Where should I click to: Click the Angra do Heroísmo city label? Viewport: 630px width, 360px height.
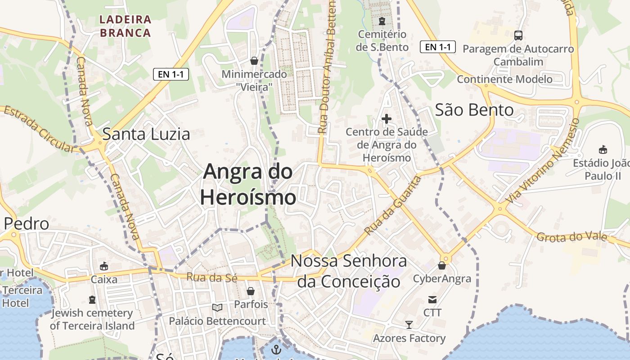click(x=248, y=184)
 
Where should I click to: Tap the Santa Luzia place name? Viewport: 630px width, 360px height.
click(x=146, y=134)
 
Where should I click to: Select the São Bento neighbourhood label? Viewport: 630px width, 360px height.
click(x=474, y=110)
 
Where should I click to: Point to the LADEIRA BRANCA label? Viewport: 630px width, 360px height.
click(x=125, y=26)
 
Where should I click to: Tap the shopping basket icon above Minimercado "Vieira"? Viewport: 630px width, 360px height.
click(x=254, y=60)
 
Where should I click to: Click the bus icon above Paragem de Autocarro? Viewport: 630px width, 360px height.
click(x=518, y=35)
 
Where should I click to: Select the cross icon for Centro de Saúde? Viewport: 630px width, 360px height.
click(x=387, y=119)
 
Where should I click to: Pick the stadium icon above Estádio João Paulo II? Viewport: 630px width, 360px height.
click(x=603, y=149)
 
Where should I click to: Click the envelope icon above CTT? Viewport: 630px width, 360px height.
click(x=432, y=300)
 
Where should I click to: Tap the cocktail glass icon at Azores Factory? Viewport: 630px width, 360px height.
click(x=409, y=324)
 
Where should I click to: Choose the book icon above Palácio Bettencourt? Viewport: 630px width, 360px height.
click(x=217, y=308)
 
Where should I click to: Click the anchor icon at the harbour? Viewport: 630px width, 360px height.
click(x=275, y=349)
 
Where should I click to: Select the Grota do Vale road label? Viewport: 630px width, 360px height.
click(x=572, y=237)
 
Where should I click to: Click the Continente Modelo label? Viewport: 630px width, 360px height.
click(x=504, y=79)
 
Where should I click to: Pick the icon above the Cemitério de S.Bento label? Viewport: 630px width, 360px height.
click(x=382, y=21)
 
